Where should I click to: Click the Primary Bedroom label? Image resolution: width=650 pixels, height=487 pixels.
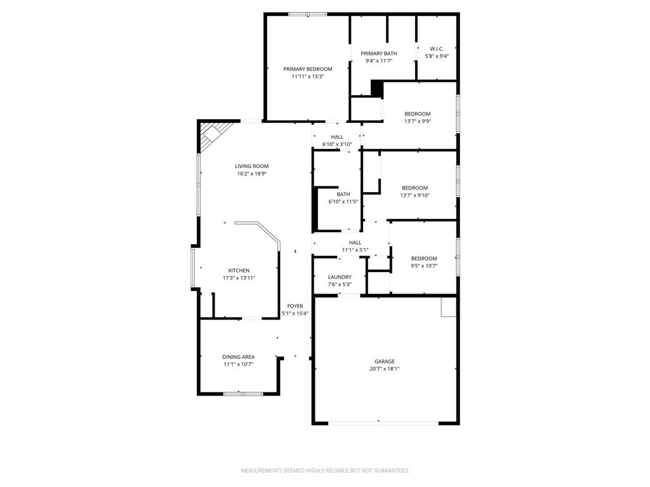[307, 69]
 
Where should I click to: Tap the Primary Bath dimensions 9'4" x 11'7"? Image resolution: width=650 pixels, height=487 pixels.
[378, 61]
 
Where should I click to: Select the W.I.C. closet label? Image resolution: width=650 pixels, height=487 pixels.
[437, 49]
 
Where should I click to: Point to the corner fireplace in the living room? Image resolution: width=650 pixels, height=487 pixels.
[211, 135]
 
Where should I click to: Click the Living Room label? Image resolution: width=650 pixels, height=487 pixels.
[251, 166]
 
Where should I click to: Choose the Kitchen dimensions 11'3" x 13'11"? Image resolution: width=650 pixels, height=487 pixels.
[239, 278]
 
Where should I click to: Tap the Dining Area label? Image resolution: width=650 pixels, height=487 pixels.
[238, 357]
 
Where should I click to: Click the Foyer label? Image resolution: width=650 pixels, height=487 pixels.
[295, 306]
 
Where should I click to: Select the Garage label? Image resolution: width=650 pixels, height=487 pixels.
[384, 361]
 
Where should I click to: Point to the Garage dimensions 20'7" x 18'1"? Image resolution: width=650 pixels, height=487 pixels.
[384, 368]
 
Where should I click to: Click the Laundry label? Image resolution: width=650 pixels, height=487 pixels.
[340, 277]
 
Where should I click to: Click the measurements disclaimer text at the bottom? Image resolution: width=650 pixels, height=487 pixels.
[324, 471]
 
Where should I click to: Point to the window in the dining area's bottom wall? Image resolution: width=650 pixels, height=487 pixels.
[242, 394]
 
